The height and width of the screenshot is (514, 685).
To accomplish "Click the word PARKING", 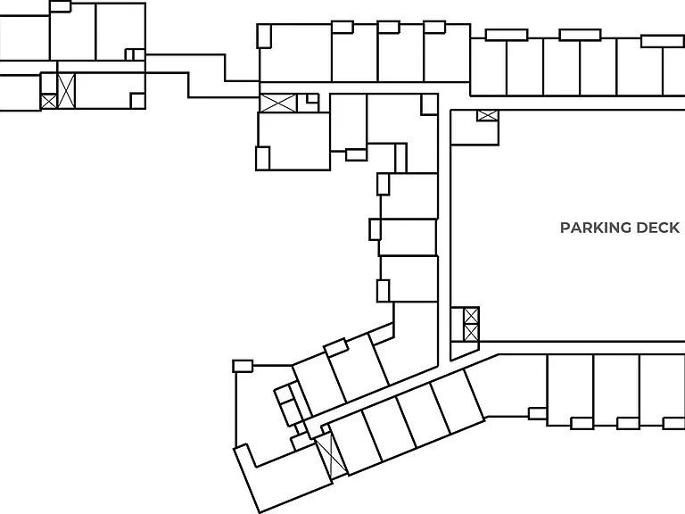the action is tap(596, 228).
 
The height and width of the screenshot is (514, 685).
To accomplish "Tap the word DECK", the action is tap(658, 228).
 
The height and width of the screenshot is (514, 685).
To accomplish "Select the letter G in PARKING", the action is tap(625, 228).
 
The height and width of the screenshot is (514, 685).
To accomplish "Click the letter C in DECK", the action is tap(664, 228).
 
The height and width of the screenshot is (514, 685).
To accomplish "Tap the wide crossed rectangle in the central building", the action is tap(278, 104).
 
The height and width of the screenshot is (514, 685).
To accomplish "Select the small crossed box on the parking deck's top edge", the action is tap(488, 115).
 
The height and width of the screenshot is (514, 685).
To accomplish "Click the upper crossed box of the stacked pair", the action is tap(471, 316).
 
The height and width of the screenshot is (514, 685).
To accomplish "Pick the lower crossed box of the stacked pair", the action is tap(471, 333).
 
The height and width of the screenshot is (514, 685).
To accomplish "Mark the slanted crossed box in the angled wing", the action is tap(331, 456).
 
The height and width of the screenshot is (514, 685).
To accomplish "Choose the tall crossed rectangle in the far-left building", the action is tap(66, 91).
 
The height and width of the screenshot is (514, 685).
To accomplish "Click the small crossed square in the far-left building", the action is tap(48, 102).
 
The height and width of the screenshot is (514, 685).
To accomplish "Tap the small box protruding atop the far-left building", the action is tap(61, 6).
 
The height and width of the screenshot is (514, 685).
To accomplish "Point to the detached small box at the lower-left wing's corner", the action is tap(243, 366).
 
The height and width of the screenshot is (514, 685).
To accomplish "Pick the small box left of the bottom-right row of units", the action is tap(538, 413).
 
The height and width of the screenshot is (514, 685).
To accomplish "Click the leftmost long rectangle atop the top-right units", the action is tap(507, 35).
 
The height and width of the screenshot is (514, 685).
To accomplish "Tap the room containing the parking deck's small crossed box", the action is tap(475, 128).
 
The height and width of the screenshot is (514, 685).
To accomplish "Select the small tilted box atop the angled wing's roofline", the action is tap(336, 347).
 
